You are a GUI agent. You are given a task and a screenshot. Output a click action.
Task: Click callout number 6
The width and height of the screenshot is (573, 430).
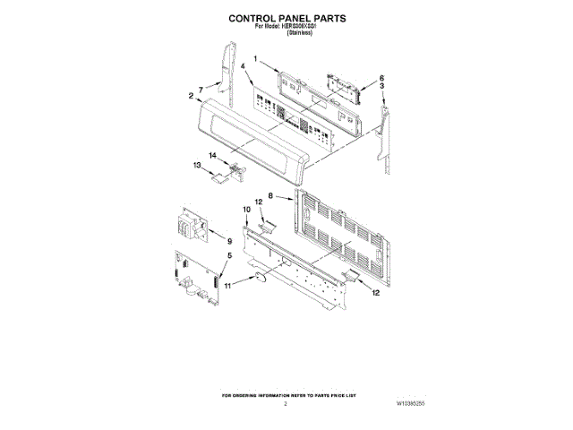coord(381,78)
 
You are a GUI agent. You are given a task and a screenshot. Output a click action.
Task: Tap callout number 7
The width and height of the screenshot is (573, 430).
coord(201,89)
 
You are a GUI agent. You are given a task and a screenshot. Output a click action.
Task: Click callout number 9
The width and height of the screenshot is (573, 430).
coord(229,241)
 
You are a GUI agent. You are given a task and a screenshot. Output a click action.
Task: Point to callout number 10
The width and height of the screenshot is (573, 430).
coord(247,209)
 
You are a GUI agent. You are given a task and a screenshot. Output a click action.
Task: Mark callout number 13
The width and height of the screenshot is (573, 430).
coord(197,165)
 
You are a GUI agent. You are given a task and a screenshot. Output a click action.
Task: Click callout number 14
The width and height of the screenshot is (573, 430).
coord(213,156)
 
